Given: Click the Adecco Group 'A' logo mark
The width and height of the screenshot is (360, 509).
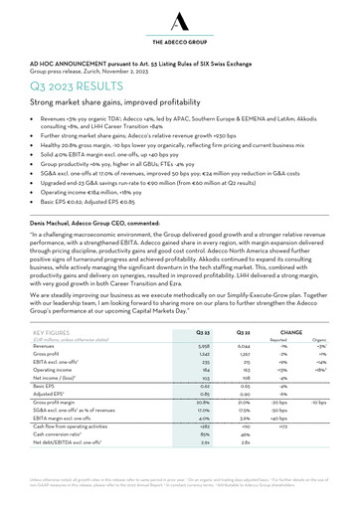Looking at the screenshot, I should click(x=179, y=20).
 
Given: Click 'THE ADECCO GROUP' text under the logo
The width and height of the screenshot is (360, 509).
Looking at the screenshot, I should click(x=179, y=45).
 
